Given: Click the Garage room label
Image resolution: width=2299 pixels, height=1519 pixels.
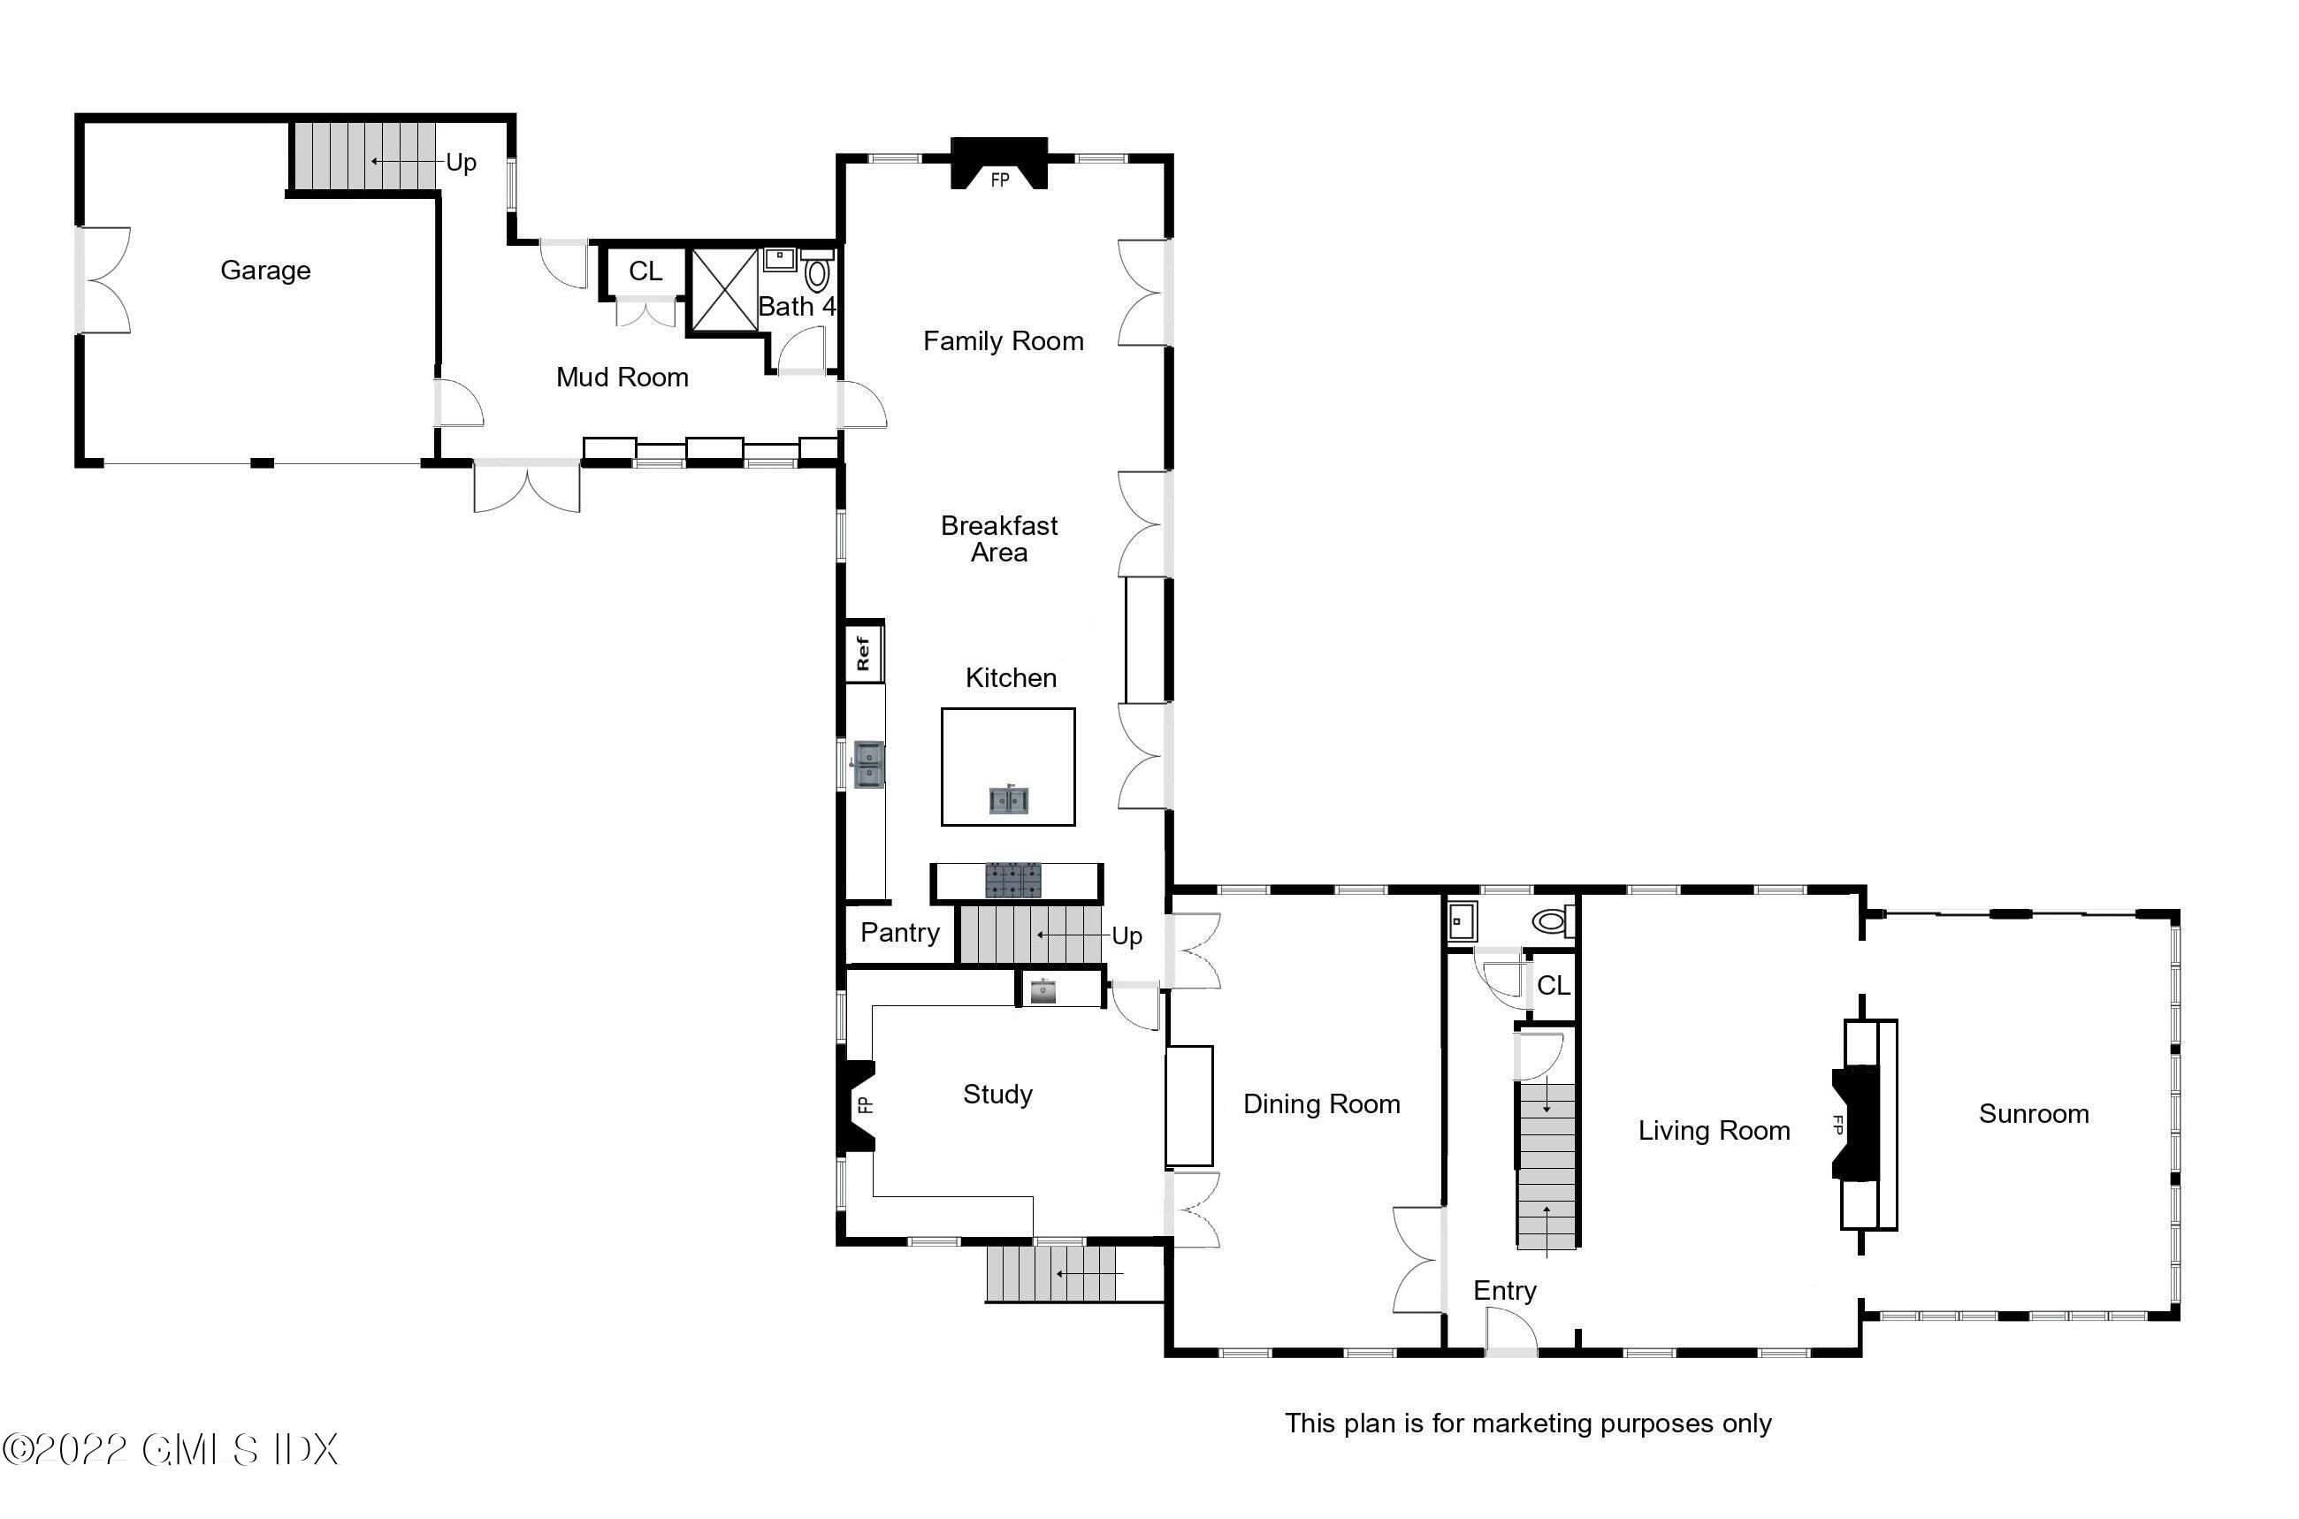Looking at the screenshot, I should click(x=265, y=271).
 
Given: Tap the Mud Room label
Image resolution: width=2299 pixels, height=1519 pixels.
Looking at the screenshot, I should click(x=622, y=377).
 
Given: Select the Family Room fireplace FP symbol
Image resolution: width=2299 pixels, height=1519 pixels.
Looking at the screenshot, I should click(x=999, y=179).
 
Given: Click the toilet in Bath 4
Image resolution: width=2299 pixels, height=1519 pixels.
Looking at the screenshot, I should click(x=817, y=273).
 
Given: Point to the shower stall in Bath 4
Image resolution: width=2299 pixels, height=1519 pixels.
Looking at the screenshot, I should click(x=725, y=290).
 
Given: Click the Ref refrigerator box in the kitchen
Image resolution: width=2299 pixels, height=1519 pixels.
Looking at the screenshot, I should click(x=862, y=653).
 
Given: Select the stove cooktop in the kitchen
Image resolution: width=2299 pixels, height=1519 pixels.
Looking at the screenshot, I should click(x=1013, y=881).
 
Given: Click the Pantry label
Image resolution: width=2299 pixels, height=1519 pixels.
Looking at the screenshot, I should click(x=900, y=932).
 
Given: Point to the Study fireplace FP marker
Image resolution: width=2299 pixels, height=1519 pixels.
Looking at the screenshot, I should click(x=864, y=1104).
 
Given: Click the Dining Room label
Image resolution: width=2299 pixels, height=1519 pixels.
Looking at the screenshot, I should click(x=1321, y=1103).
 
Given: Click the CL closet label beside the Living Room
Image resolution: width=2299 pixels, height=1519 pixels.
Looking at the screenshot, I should click(x=1553, y=985).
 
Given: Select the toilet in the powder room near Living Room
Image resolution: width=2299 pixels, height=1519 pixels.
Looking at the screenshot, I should click(x=1551, y=921).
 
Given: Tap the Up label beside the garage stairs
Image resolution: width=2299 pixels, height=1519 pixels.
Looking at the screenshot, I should click(x=462, y=162).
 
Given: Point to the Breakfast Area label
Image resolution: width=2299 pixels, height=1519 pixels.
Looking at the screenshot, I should click(x=999, y=538).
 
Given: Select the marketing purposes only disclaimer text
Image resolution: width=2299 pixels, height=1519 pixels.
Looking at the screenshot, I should click(x=1528, y=1424).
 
